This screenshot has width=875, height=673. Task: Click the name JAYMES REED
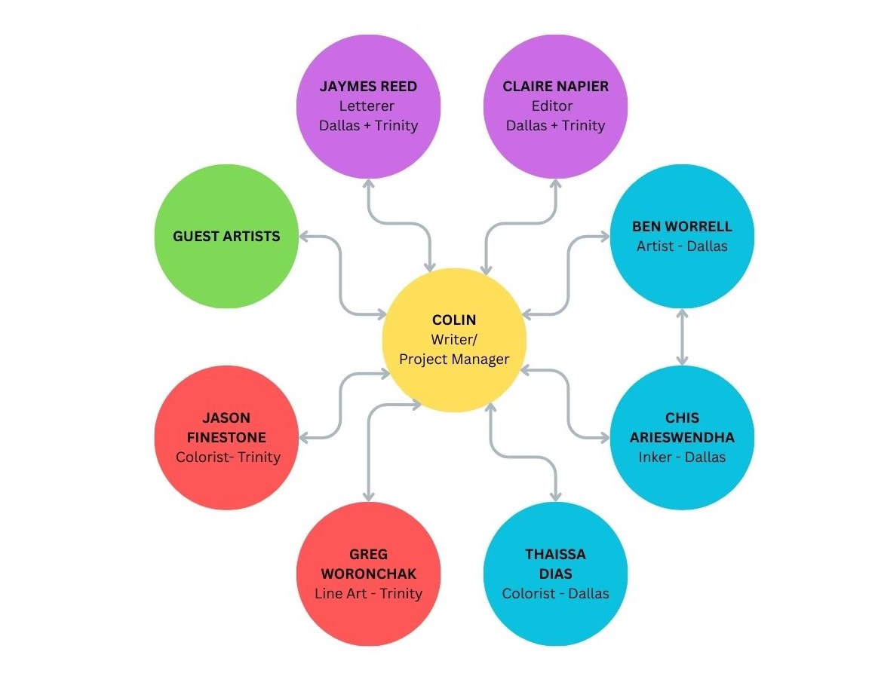[x=368, y=86]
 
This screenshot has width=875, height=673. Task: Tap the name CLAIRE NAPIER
[x=555, y=86]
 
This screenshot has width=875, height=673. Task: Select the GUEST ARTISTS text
[x=226, y=236]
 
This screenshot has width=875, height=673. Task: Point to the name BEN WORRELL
[x=682, y=226]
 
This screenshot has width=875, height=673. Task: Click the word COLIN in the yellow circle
[x=454, y=320]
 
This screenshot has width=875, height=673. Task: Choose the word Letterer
[x=367, y=106]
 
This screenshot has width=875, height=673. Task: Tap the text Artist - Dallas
[x=682, y=246]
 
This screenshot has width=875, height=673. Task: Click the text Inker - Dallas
[x=682, y=457]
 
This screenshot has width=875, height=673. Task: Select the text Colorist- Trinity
[x=228, y=457]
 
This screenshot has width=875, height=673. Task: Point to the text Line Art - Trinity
[x=368, y=593]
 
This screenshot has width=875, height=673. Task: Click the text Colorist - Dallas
[x=555, y=593]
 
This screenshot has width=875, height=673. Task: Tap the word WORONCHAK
[x=368, y=574]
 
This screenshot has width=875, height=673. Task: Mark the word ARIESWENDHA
[x=682, y=437]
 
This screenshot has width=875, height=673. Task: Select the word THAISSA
[x=555, y=554]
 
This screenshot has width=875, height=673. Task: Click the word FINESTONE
[x=226, y=437]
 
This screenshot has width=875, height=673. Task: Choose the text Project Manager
[x=454, y=359]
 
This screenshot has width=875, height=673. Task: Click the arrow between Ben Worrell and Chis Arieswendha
[x=682, y=337]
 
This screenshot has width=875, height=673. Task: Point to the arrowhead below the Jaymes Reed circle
[x=368, y=183]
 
